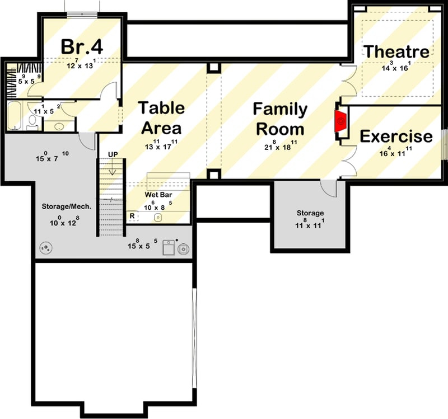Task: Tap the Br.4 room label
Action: tap(83, 48)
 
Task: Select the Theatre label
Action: tap(396, 51)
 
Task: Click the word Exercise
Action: tap(395, 136)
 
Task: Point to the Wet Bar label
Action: tap(158, 195)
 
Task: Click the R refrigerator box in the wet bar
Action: tap(132, 215)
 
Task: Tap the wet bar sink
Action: tap(159, 217)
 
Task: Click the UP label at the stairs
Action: tap(112, 154)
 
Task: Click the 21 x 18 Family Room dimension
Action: tap(280, 148)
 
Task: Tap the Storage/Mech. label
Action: tap(67, 206)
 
